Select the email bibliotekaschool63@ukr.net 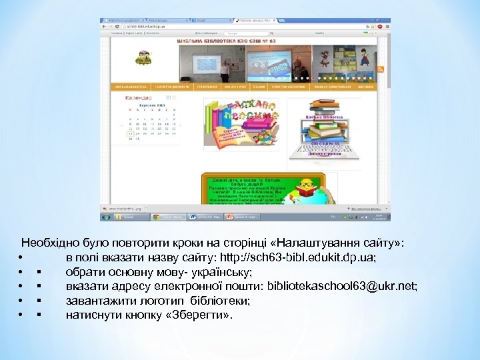tap(342, 287)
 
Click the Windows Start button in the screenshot tap(105, 217)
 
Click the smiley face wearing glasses tap(307, 183)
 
